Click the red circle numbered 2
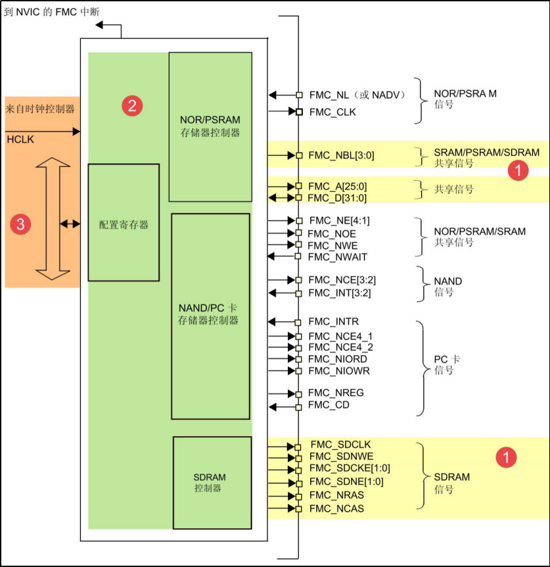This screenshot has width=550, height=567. point(132,105)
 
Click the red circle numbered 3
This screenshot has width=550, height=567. point(20,224)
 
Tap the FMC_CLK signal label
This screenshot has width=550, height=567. point(332,112)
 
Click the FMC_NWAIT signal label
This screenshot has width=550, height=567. point(337,256)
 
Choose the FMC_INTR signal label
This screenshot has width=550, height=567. point(333,322)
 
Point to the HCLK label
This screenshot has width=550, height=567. point(20,139)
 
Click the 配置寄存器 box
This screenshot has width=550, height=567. point(124,222)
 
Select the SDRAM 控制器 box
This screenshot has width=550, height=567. point(212,482)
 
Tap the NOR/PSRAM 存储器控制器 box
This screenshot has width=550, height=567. point(210,126)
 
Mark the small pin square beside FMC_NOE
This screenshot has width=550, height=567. point(298,234)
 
